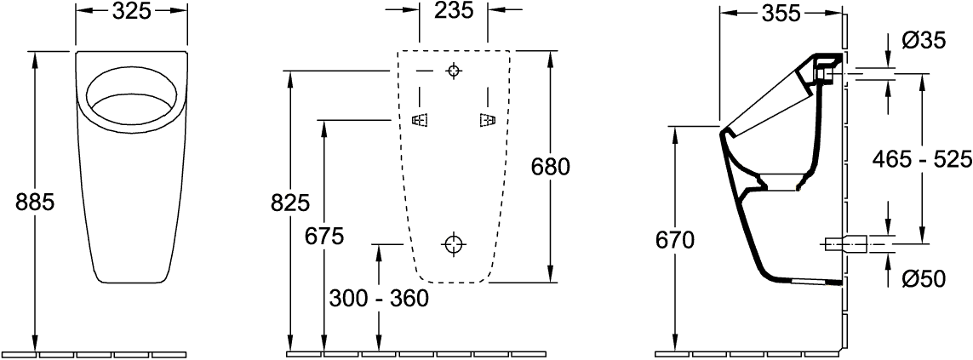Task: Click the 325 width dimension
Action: pos(131,12)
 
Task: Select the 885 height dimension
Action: pos(35,202)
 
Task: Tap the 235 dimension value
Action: pos(453,12)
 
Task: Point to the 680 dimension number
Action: pos(550,166)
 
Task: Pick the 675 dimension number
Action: pos(323,237)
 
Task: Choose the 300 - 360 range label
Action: pos(378,298)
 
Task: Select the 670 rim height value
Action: pos(675,241)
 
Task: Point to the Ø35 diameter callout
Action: pos(922,40)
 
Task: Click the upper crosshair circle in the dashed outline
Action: pos(454,71)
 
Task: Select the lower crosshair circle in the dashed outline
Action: pos(454,245)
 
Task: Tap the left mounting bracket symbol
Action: pos(419,121)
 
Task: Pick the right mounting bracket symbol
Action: pos(486,121)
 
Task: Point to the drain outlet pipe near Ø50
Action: pos(848,245)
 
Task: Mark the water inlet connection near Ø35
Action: pos(827,69)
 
